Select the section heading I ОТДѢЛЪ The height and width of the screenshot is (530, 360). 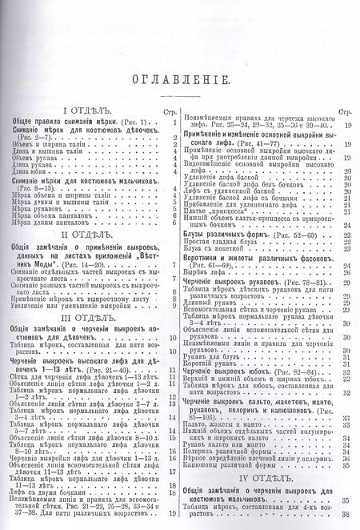[90, 107]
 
